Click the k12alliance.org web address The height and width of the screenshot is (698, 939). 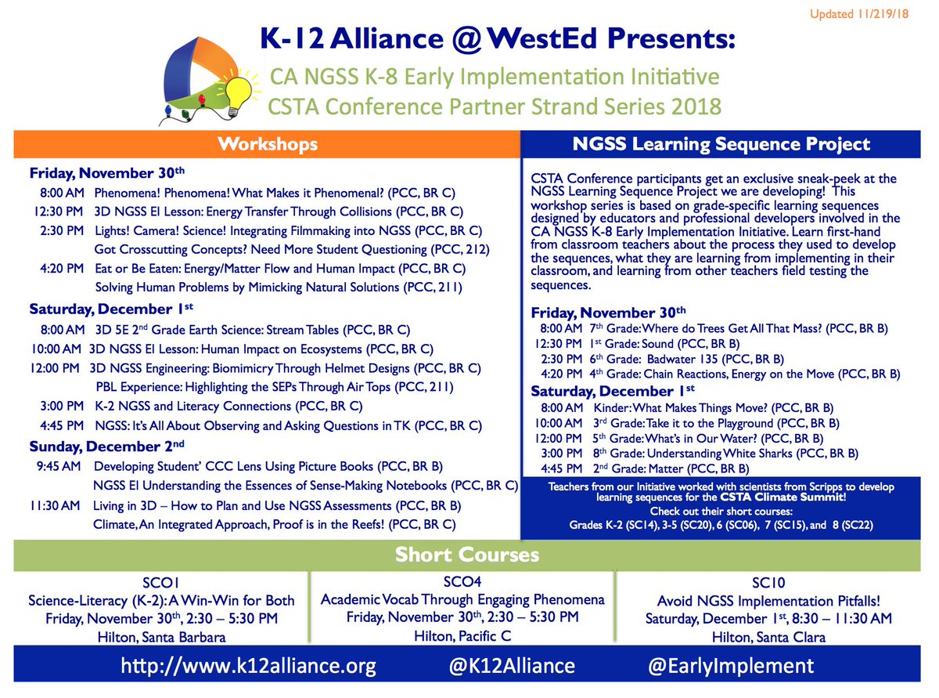tap(248, 667)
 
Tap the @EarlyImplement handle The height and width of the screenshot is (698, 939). tap(731, 667)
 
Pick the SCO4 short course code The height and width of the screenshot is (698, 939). tap(462, 582)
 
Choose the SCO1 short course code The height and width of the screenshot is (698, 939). tap(161, 583)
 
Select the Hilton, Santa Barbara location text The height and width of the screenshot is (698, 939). tap(162, 637)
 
